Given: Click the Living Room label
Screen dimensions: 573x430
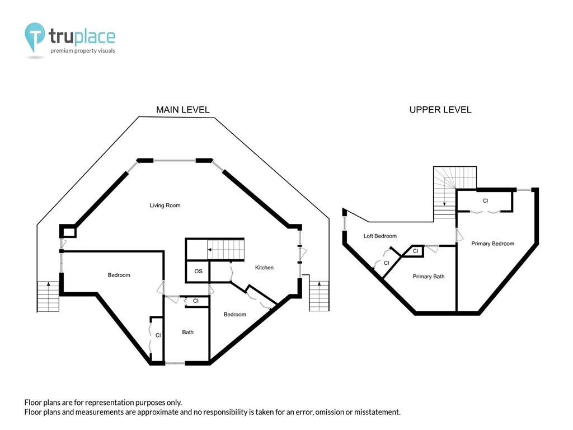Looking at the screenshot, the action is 165,205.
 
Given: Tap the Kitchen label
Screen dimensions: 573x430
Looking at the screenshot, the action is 264,268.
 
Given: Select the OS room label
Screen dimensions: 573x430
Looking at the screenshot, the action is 199,272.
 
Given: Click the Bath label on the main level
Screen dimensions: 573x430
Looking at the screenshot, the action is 188,332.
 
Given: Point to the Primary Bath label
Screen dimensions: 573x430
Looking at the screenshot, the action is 429,277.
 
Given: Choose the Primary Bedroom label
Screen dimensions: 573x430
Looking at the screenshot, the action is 492,244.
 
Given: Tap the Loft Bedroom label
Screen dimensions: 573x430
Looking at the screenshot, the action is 380,236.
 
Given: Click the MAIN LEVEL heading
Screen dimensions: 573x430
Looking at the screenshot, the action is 183,110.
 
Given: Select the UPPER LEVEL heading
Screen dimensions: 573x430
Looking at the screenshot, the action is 440,110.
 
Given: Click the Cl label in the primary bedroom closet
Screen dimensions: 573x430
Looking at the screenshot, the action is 485,201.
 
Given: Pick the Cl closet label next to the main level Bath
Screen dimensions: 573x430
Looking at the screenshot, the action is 196,301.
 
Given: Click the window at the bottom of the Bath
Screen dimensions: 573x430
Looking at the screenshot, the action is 175,363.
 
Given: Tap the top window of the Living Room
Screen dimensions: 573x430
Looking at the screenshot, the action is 175,161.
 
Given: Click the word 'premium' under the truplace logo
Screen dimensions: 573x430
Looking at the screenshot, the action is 62,51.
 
